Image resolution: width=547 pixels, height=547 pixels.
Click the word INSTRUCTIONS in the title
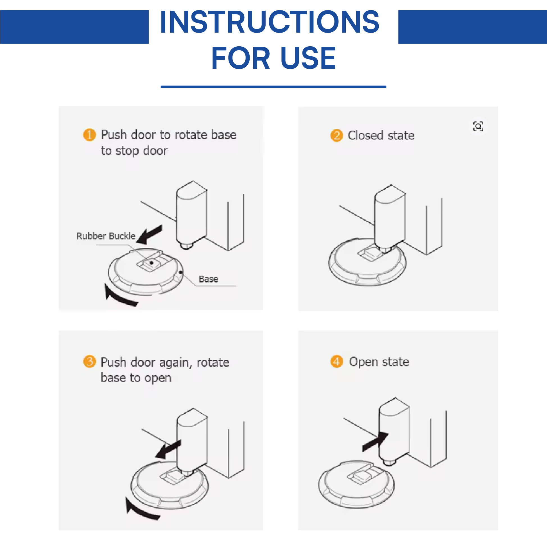tap(269, 22)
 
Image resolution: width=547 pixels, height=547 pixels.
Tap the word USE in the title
tap(308, 58)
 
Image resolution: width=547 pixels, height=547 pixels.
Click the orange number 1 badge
tap(89, 135)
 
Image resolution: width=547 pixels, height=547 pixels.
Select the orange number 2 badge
tap(337, 135)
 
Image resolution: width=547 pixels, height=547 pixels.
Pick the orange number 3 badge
tap(89, 362)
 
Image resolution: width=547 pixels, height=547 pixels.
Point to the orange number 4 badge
tap(337, 361)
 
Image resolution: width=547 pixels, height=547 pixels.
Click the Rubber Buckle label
tap(106, 236)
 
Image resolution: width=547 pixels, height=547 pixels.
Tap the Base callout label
tap(208, 279)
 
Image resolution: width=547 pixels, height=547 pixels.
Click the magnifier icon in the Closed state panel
tap(478, 126)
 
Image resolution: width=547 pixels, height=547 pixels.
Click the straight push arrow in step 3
tap(168, 449)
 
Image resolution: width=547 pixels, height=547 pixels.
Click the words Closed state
tap(381, 135)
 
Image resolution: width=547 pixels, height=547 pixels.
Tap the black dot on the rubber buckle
tap(152, 263)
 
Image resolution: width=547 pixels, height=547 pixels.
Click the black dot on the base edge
tap(180, 272)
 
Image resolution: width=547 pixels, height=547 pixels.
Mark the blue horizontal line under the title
tap(273, 87)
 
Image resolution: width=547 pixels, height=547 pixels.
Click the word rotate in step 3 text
tap(213, 362)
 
